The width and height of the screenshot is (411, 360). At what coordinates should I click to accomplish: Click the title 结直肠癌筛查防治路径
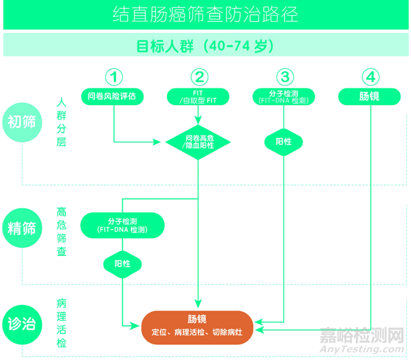point(205,15)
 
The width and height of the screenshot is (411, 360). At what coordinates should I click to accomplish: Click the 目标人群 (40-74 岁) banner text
point(205,46)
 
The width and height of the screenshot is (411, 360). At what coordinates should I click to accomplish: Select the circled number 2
point(199,77)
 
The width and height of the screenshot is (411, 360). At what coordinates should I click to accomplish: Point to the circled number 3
point(284,77)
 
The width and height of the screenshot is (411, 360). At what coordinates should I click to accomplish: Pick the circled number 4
point(370,77)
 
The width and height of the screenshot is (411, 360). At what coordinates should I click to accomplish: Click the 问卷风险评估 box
point(115,96)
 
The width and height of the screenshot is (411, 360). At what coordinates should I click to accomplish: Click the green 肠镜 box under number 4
point(369,96)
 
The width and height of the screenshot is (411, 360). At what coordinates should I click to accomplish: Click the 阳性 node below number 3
point(284,142)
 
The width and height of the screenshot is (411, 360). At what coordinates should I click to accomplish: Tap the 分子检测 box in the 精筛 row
point(123,225)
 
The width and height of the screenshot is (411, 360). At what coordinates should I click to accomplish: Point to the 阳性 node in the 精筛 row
point(123,264)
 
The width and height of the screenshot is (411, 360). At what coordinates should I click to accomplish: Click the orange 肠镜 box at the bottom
point(197,326)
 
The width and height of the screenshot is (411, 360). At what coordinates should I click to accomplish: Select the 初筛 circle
point(22,121)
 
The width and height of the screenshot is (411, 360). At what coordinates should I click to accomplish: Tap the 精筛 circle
point(22,227)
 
